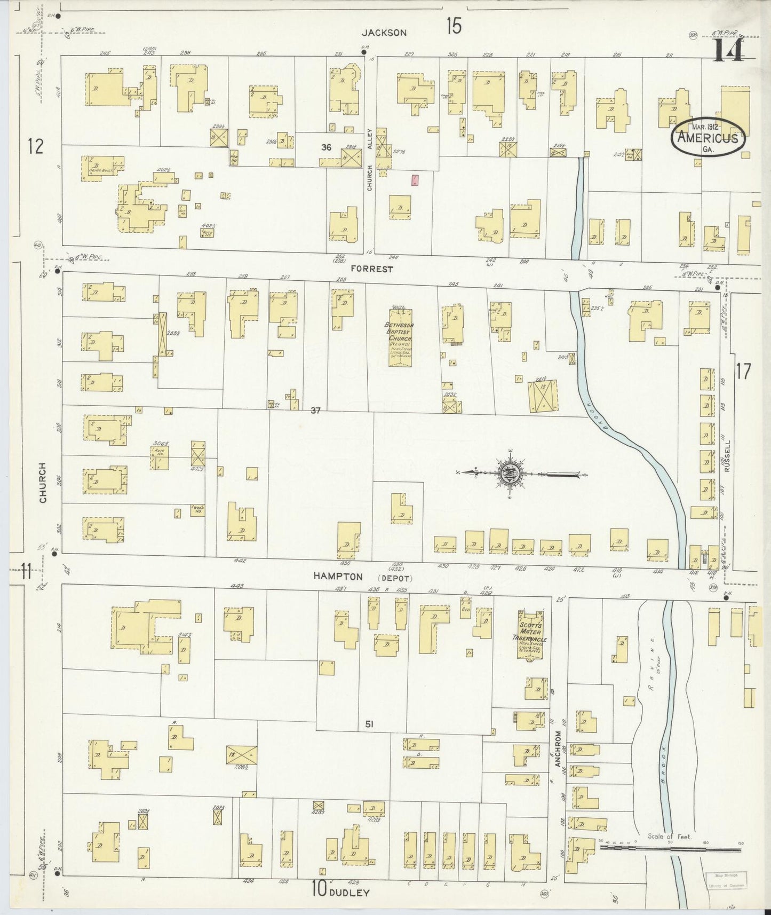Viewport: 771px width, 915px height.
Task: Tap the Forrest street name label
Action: (372, 269)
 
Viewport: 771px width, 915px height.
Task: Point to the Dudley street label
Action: (350, 893)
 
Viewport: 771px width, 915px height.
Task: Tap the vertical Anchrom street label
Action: (559, 749)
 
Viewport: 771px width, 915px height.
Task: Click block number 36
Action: (326, 147)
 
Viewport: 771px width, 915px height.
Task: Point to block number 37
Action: (315, 411)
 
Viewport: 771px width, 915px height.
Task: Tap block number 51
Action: (369, 724)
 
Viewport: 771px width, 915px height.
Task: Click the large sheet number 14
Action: (729, 51)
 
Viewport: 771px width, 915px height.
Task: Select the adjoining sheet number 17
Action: (742, 371)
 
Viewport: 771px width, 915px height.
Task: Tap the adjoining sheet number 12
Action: (36, 146)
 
